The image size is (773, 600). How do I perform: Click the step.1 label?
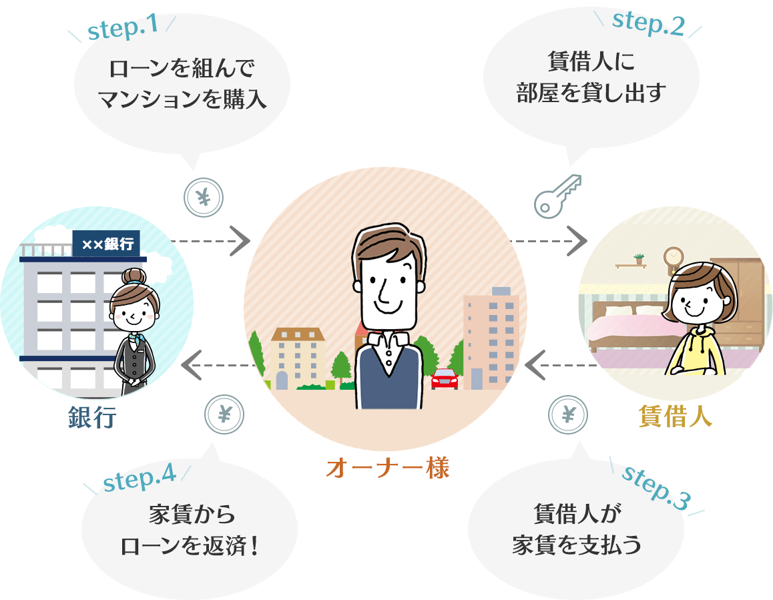click(123, 28)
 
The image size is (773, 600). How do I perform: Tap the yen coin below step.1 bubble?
click(204, 197)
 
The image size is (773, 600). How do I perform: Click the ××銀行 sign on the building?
click(107, 244)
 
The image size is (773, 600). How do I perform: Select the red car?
click(445, 378)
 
